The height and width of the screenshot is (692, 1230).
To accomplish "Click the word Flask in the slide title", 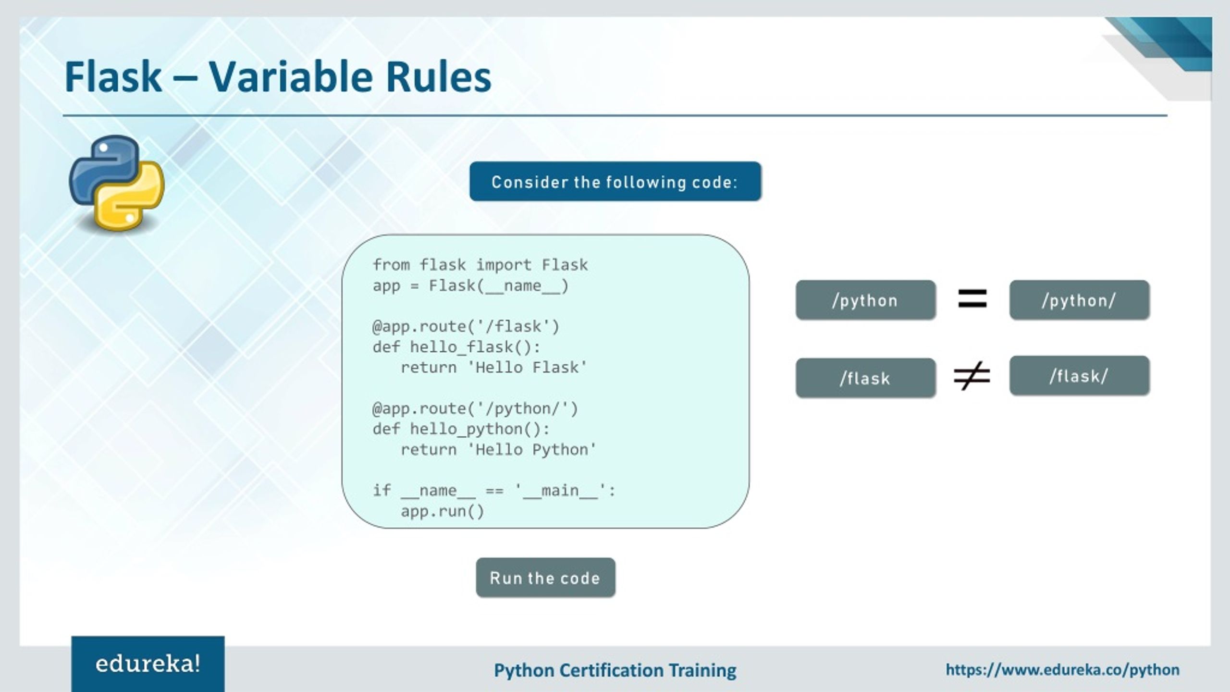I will coord(113,77).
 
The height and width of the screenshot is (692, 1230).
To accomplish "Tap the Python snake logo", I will coord(117,183).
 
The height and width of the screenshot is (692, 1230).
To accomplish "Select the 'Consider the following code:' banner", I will coord(615,182).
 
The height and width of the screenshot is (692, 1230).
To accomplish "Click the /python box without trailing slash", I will coord(865,300).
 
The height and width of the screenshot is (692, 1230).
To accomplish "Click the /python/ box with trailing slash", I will coord(1079,300).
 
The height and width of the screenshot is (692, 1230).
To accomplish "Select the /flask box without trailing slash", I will coord(865,378).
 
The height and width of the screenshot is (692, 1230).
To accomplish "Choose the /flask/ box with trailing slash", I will coord(1079,376).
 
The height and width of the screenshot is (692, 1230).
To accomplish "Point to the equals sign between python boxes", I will coord(972,298).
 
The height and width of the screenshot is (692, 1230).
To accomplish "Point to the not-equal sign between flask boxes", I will coord(972,376).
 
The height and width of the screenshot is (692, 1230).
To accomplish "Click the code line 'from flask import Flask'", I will coord(480,265).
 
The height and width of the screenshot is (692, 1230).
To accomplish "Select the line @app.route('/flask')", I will coord(466,327).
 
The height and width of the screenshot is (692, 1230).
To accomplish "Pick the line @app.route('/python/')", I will coord(475,409).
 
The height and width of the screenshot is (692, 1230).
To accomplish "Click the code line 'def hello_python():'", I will coord(461,429).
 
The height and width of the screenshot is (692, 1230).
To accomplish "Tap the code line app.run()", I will coord(443,511).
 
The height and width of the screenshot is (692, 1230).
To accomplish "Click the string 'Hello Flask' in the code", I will coord(527,368).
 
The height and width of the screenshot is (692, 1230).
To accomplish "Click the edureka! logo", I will coord(148,664).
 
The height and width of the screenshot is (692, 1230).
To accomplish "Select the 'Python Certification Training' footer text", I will coord(615,670).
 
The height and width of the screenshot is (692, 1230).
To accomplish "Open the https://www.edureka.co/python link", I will coord(1062,669).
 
